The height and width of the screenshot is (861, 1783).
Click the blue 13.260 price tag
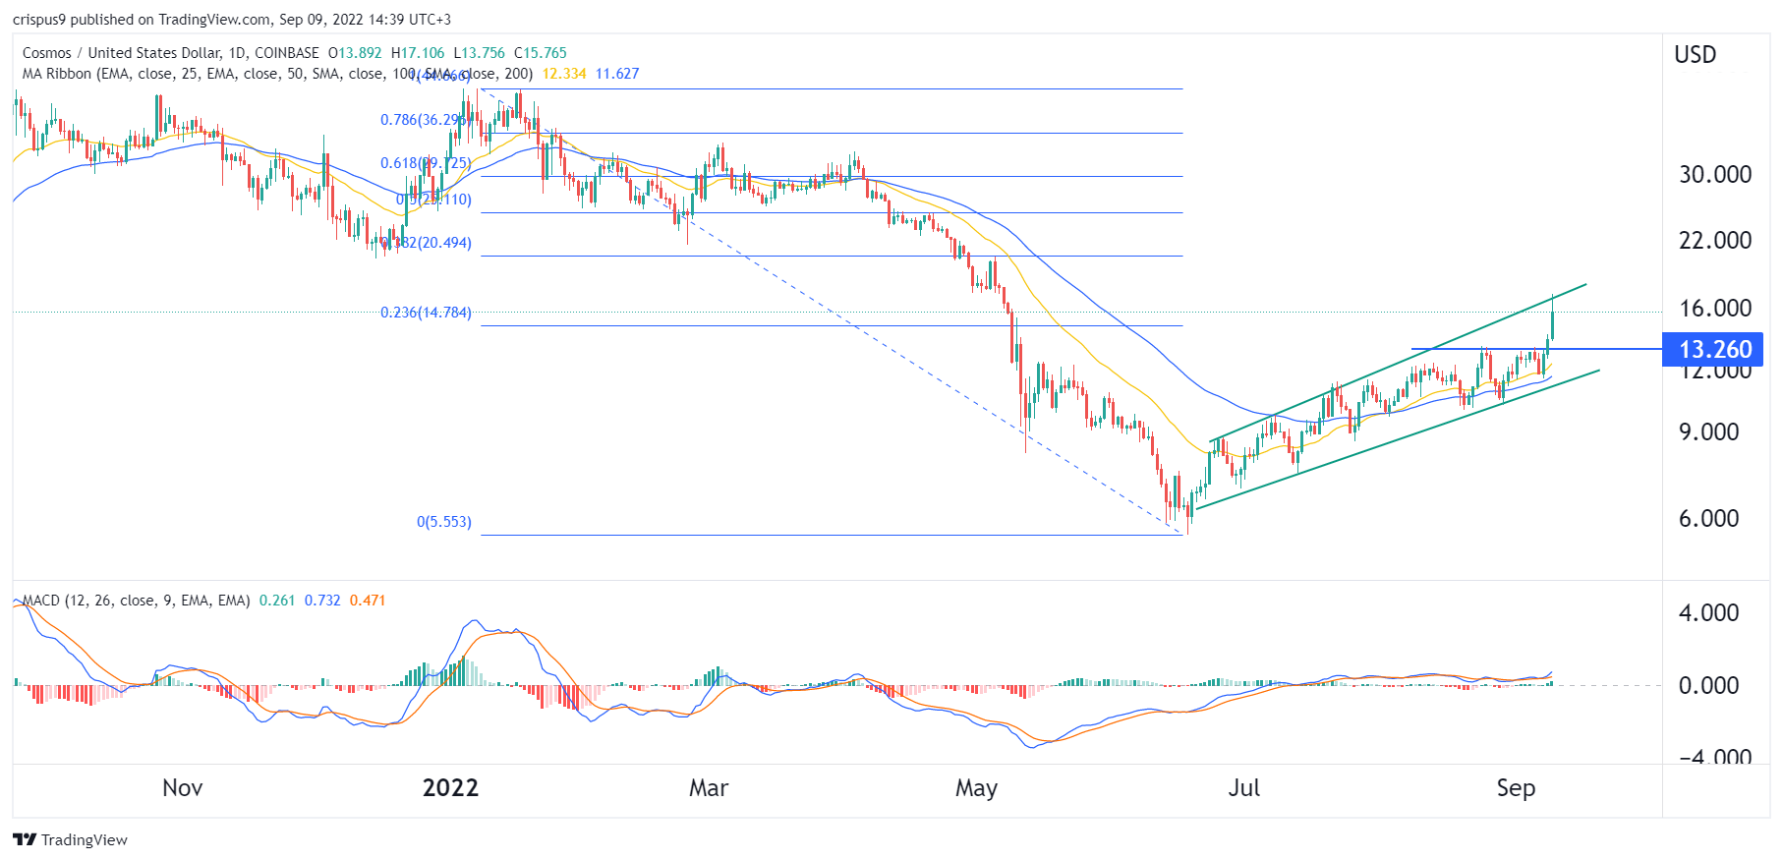1713,349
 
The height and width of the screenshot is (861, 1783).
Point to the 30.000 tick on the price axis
1714,174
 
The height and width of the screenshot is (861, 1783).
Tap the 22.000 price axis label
1714,240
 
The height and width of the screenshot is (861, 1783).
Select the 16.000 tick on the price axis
1714,308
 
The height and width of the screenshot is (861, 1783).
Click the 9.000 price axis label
1708,431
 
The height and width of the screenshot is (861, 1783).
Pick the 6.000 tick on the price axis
1708,518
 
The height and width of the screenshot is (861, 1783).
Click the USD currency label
1695,55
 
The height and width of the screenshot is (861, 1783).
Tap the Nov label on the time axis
183,787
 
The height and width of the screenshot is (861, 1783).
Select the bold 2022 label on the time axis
450,787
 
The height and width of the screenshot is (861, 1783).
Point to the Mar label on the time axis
709,787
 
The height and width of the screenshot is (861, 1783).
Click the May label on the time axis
976,787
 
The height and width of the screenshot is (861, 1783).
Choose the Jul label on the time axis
1244,787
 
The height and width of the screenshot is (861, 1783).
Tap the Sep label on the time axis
1516,787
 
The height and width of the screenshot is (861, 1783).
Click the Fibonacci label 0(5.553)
443,521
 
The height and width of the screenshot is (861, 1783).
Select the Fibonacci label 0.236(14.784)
426,313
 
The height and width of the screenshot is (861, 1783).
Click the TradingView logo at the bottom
71,839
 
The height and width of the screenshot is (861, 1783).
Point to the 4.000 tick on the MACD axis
1708,612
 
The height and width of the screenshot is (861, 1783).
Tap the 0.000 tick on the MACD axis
1708,685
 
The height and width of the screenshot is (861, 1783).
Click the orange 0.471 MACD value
368,600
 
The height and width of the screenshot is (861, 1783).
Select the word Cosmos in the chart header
47,53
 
